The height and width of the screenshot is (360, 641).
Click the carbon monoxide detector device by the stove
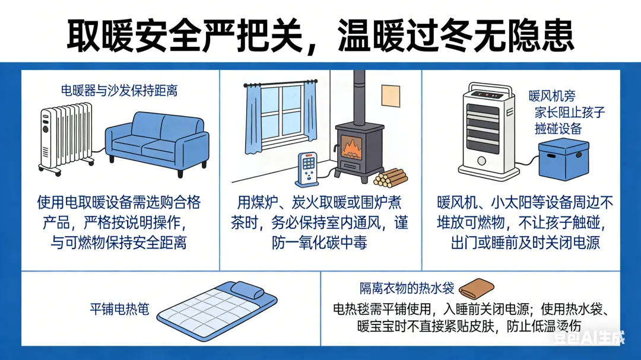(x=307, y=169)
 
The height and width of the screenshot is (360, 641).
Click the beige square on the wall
(x=392, y=96)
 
